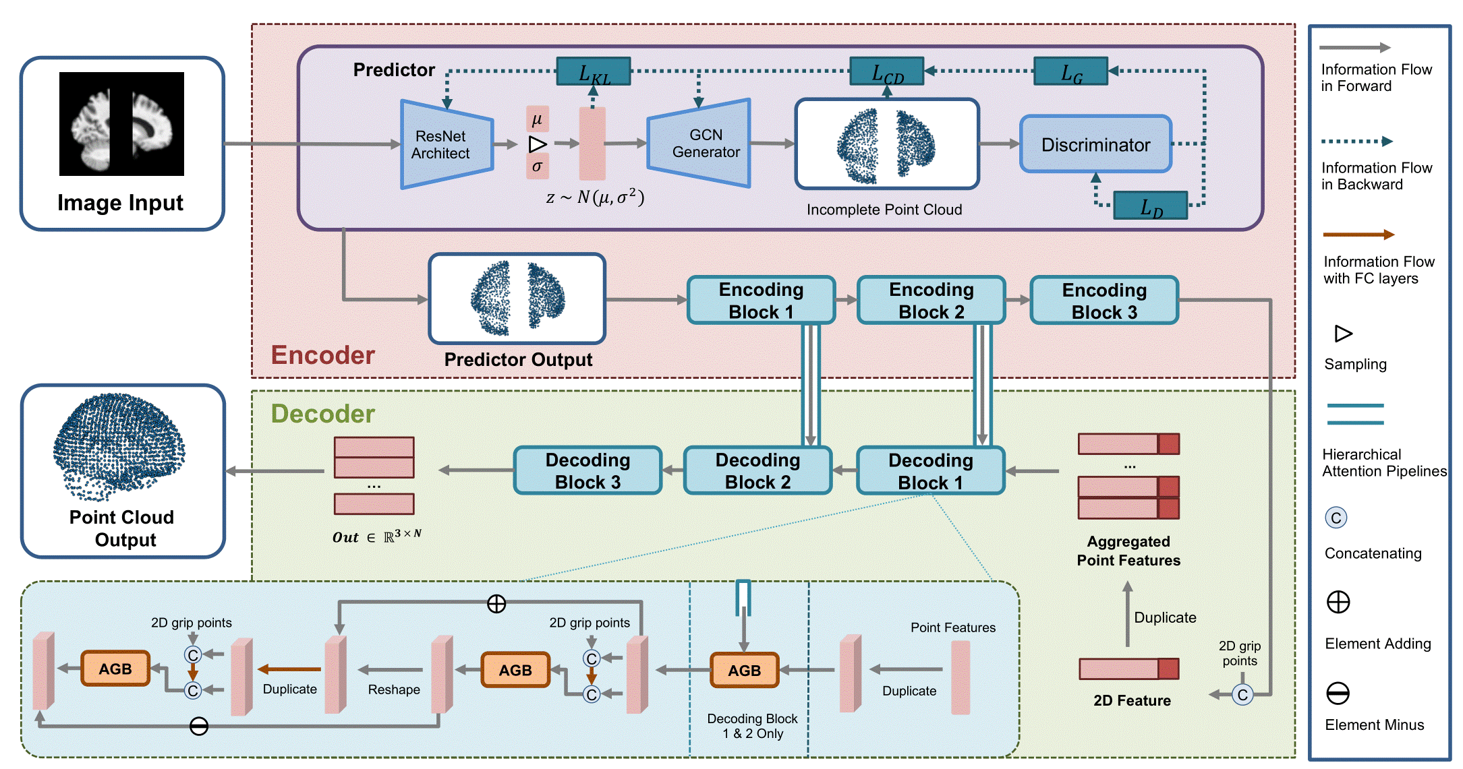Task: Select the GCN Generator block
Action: click(699, 144)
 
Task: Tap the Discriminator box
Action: click(1095, 144)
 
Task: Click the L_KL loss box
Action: click(594, 71)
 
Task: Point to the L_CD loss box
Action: click(887, 71)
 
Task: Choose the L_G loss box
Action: click(1071, 71)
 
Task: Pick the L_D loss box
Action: click(1151, 206)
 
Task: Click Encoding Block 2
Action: click(931, 300)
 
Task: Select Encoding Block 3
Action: click(1104, 300)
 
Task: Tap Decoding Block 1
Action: click(931, 470)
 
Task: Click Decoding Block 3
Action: click(587, 470)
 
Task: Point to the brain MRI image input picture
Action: click(121, 124)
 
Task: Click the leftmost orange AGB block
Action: click(115, 669)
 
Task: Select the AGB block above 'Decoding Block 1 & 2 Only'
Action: click(744, 670)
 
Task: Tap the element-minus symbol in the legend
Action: click(1338, 693)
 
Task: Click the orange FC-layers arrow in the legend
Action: click(1358, 235)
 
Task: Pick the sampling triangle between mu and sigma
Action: click(538, 144)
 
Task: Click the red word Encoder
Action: click(323, 355)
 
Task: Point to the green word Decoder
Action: click(323, 414)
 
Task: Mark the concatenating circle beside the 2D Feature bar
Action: click(1242, 695)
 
